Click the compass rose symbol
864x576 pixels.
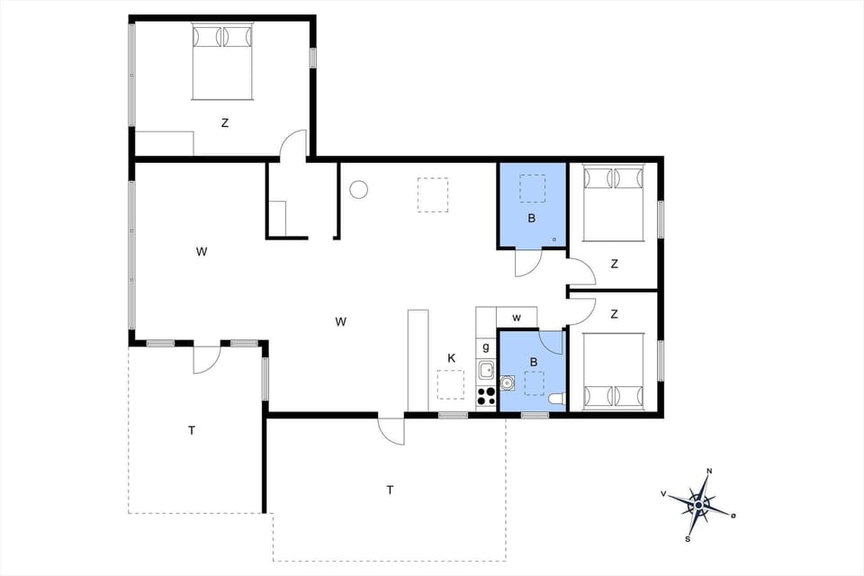[x=699, y=503]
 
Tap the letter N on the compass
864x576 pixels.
[x=709, y=472]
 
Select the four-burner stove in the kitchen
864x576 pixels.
[x=486, y=396]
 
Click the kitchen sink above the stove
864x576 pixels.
[x=486, y=369]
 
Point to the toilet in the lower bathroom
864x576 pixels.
[x=557, y=399]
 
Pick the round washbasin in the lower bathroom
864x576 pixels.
[x=508, y=383]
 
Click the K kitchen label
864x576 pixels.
[x=452, y=358]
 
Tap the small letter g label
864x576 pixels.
[x=486, y=346]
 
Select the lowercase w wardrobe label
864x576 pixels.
[x=517, y=317]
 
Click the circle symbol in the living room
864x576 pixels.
[x=359, y=190]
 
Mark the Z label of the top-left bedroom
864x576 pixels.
[x=225, y=123]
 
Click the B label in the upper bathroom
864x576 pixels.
[x=532, y=218]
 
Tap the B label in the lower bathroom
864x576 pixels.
[x=534, y=362]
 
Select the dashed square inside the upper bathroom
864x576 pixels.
[x=532, y=189]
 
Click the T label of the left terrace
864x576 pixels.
[x=192, y=430]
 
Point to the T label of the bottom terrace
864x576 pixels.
[x=390, y=490]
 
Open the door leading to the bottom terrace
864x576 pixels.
[x=392, y=429]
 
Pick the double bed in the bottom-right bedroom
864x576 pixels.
[x=613, y=371]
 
